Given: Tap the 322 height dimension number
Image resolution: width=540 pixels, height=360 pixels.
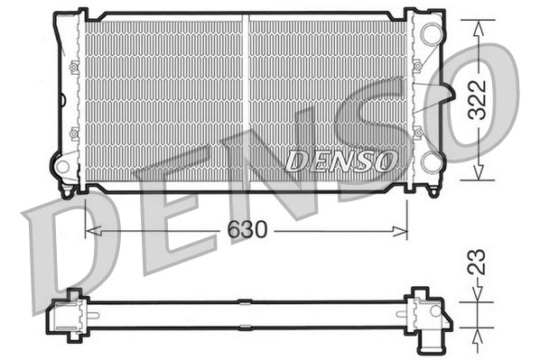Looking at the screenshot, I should coord(478,99).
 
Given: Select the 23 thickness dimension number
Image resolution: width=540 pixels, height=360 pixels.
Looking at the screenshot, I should coord(478,262).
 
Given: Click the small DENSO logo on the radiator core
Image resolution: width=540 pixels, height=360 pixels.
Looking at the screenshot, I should coord(341,162).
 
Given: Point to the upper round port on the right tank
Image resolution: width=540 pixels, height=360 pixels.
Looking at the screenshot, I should coord(431,34).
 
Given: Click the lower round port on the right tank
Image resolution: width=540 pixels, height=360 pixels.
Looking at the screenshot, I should coord(432,162).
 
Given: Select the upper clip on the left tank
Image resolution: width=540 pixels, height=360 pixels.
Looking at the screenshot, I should coord(73,66).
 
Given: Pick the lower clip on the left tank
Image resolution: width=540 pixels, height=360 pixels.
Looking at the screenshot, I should coord(73,134).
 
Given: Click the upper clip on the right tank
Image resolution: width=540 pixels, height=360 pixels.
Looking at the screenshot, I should coord(417,66).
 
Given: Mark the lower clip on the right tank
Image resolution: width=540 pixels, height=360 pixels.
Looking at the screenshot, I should coord(417,134).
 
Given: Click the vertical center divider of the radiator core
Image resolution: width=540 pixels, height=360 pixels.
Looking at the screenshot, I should coord(247,99).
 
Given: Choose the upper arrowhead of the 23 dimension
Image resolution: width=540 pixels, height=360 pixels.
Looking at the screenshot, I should coord(478,294).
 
